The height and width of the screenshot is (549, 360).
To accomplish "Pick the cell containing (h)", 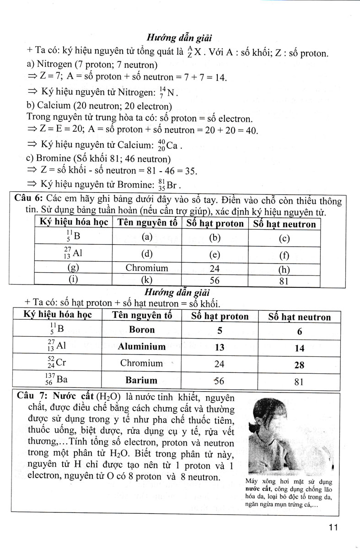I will tap(284, 270).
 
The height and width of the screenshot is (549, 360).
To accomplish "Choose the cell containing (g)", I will tap(71, 269).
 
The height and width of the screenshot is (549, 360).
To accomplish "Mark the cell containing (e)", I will tap(215, 254).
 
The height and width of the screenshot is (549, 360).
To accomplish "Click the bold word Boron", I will tap(142, 330).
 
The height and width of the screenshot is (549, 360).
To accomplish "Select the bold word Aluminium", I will tap(142, 347).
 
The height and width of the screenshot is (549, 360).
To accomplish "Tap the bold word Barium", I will tap(142, 380).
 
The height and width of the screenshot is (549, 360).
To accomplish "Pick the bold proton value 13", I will tap(220, 347).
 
